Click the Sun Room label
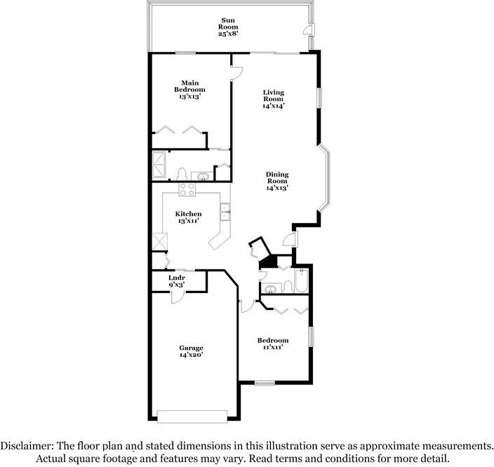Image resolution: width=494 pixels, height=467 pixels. (228, 27)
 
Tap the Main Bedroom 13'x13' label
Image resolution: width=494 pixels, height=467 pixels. (189, 90)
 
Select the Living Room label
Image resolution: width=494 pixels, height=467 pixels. (274, 99)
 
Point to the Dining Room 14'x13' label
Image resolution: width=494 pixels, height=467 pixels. (277, 181)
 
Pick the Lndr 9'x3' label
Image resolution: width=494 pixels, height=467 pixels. (176, 281)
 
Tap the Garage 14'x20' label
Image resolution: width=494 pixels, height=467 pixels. (191, 351)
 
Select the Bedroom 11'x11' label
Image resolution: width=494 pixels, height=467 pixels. (273, 344)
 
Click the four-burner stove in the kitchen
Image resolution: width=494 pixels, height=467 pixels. (187, 189)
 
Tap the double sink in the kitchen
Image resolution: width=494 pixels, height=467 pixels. (225, 212)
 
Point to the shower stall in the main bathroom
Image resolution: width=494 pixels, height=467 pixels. (159, 165)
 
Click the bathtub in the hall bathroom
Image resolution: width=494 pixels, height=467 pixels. (301, 281)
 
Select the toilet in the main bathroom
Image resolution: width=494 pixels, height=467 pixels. (182, 174)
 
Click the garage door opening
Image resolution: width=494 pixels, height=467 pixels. (192, 417)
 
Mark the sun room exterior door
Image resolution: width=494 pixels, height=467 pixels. (307, 30)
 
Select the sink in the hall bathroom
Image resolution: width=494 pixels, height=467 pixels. (271, 289)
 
